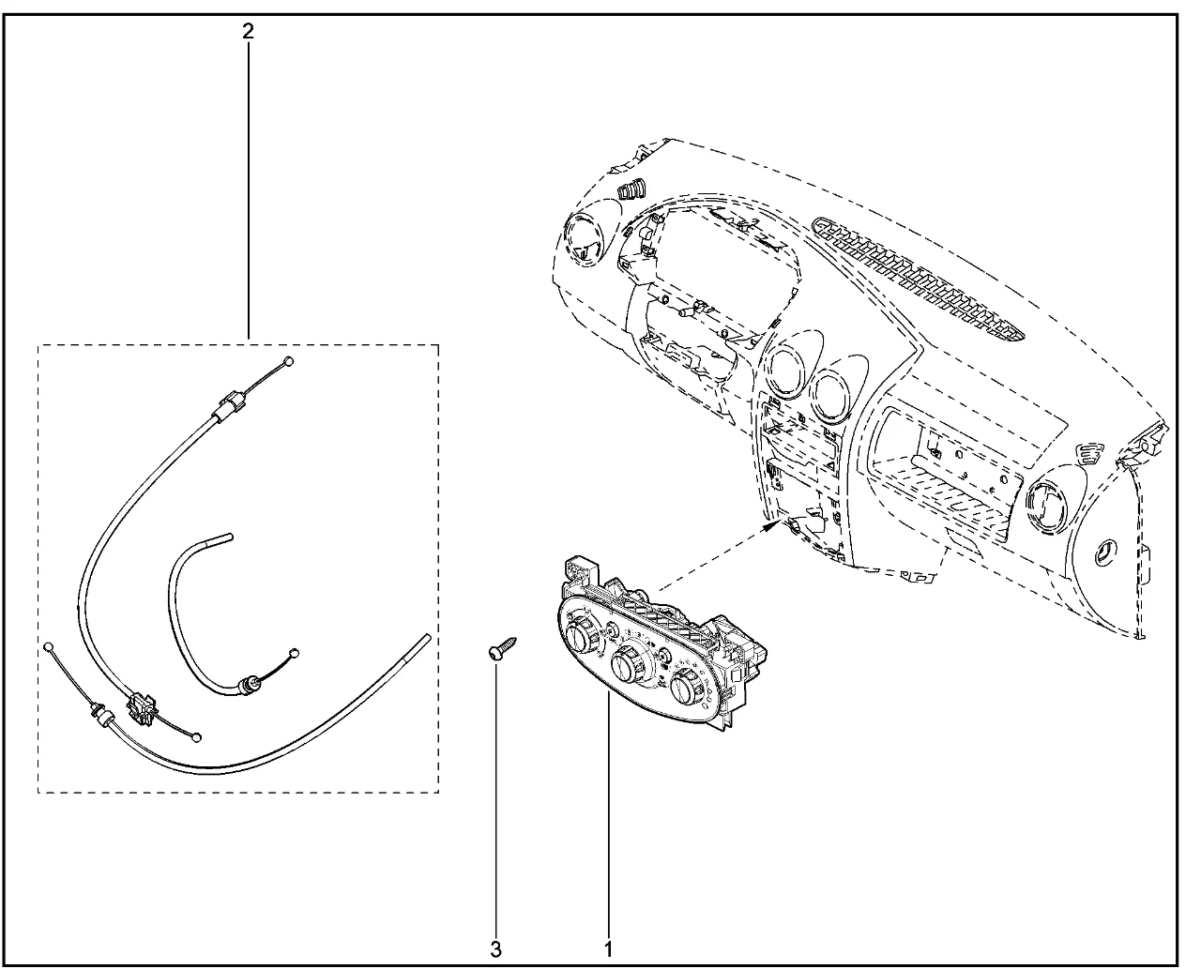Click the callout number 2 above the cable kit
(248, 32)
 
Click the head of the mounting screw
(494, 652)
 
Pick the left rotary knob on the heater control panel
(580, 636)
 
